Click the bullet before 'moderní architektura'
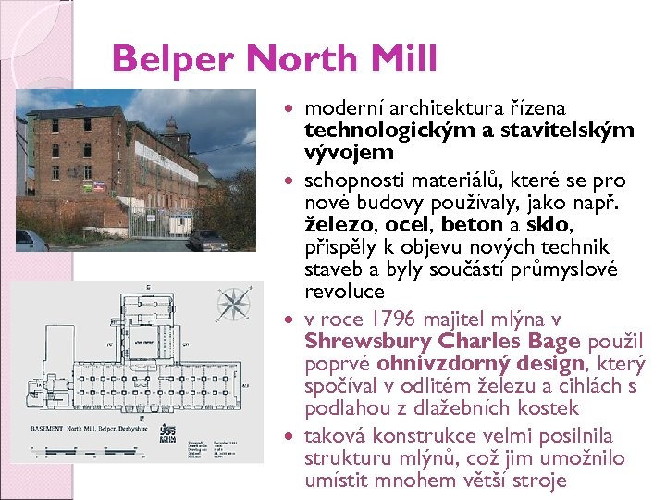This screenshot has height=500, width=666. (x=293, y=110)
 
